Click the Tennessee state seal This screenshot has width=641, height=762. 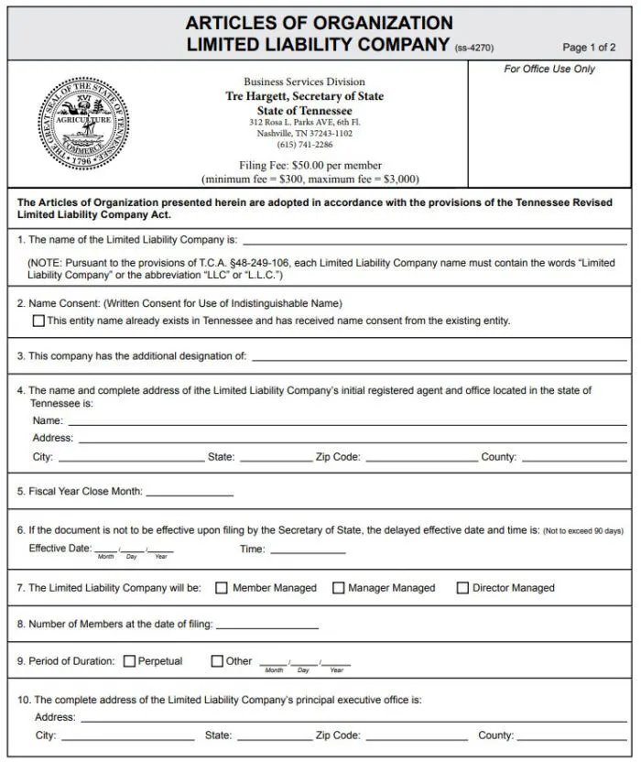tap(83, 125)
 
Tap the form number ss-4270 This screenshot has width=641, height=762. tap(473, 48)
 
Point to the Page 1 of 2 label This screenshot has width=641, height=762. tap(589, 48)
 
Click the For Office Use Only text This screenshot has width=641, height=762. tap(549, 70)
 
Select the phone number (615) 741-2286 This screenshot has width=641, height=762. tap(305, 145)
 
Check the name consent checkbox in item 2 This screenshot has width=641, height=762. tap(38, 321)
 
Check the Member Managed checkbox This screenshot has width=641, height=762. tap(222, 588)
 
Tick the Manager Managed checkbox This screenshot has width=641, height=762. tap(338, 588)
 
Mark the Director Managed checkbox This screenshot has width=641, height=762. tap(462, 588)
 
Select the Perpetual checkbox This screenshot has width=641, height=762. tap(129, 660)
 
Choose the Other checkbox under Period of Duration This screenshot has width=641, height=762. tap(217, 660)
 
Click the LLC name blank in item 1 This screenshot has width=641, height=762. tap(434, 242)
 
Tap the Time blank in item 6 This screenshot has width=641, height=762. tap(308, 551)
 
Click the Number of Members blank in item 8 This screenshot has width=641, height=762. tap(267, 626)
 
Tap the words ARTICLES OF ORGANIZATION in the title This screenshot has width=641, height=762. tap(319, 23)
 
